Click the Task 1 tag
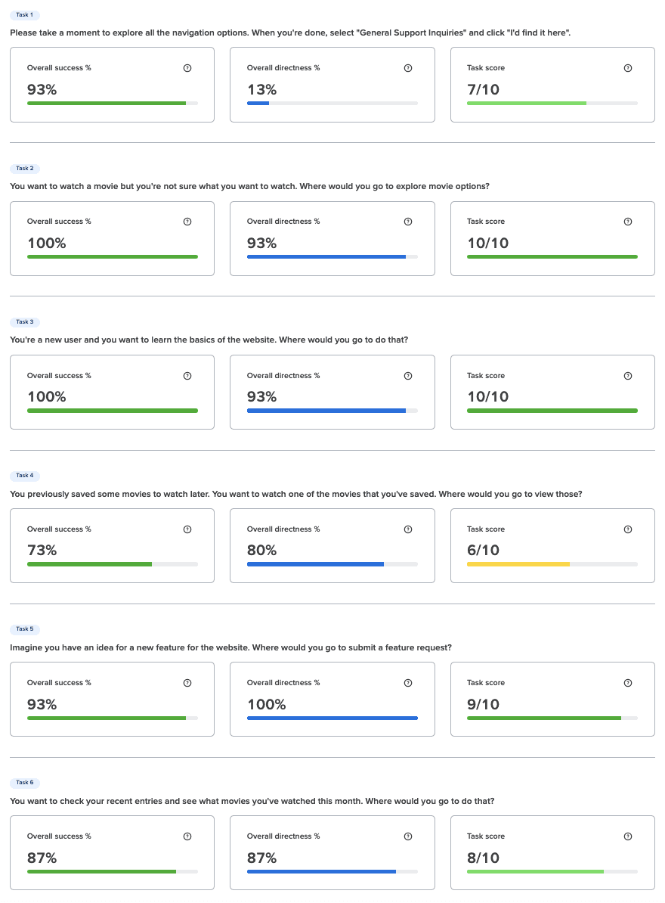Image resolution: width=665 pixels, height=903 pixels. [25, 15]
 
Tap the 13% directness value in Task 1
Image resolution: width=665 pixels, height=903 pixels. [261, 90]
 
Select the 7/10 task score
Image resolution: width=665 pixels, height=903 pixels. [483, 90]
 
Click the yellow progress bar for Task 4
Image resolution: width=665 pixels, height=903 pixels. [518, 564]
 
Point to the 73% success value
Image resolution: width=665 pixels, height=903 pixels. [42, 551]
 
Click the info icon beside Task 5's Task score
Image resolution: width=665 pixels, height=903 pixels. [628, 683]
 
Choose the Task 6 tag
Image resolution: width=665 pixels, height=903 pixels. [25, 783]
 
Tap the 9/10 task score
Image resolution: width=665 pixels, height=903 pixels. [483, 704]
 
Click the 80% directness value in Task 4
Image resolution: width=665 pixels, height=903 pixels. [261, 551]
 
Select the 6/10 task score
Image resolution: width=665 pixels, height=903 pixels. [483, 551]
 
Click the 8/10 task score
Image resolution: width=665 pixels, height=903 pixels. [483, 858]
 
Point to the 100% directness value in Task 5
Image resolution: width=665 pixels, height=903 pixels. [266, 704]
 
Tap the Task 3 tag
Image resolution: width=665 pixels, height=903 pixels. [25, 322]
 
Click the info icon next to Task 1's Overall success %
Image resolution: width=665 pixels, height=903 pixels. [187, 68]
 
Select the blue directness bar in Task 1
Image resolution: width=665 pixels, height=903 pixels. [258, 104]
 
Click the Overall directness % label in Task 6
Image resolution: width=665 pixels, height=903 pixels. [283, 836]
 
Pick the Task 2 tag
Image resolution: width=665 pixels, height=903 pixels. [25, 169]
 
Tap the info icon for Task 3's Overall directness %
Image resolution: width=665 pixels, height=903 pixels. [408, 376]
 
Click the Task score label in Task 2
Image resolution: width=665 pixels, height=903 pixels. [486, 222]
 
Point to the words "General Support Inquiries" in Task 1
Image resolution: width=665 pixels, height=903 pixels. [411, 33]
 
